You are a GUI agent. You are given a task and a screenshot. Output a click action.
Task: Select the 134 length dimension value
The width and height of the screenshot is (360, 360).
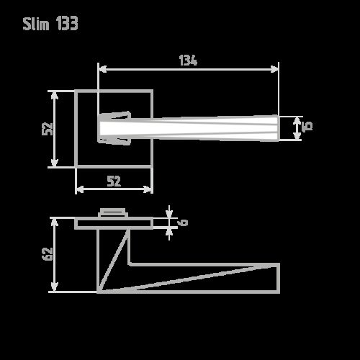pyautogui.click(x=188, y=60)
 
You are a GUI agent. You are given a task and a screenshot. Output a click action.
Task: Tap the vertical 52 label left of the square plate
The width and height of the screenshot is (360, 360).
pyautogui.click(x=48, y=129)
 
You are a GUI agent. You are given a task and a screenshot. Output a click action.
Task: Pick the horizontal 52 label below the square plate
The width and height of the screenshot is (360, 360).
pyautogui.click(x=114, y=181)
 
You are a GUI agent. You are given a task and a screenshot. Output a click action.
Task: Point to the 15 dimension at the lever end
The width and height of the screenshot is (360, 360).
pyautogui.click(x=307, y=127)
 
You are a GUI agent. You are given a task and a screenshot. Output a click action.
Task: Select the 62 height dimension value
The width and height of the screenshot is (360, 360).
pyautogui.click(x=48, y=254)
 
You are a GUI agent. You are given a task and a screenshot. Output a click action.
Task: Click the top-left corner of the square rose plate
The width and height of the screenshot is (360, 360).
pyautogui.click(x=76, y=91)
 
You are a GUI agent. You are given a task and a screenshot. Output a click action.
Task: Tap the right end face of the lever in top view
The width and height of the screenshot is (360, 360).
pyautogui.click(x=278, y=127)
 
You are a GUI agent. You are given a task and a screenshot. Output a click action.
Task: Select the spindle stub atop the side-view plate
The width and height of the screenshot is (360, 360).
pyautogui.click(x=114, y=212)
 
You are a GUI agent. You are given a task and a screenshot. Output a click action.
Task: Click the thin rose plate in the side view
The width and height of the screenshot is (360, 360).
pyautogui.click(x=114, y=223)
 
